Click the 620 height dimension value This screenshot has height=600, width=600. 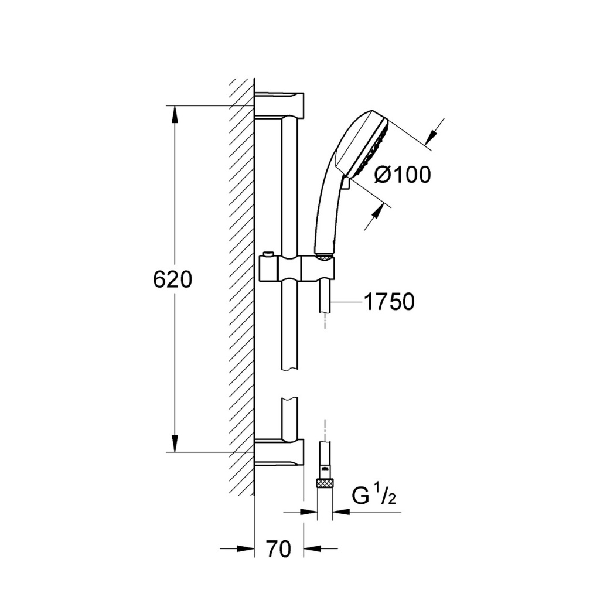(x=172, y=279)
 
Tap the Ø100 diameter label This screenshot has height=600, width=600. (x=403, y=175)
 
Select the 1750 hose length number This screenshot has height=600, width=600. (x=389, y=302)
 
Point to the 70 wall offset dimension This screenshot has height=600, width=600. (x=278, y=549)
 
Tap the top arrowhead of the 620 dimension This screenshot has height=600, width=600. (x=175, y=114)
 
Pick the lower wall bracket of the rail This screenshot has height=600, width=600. (x=279, y=453)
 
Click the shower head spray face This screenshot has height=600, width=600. (x=374, y=145)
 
